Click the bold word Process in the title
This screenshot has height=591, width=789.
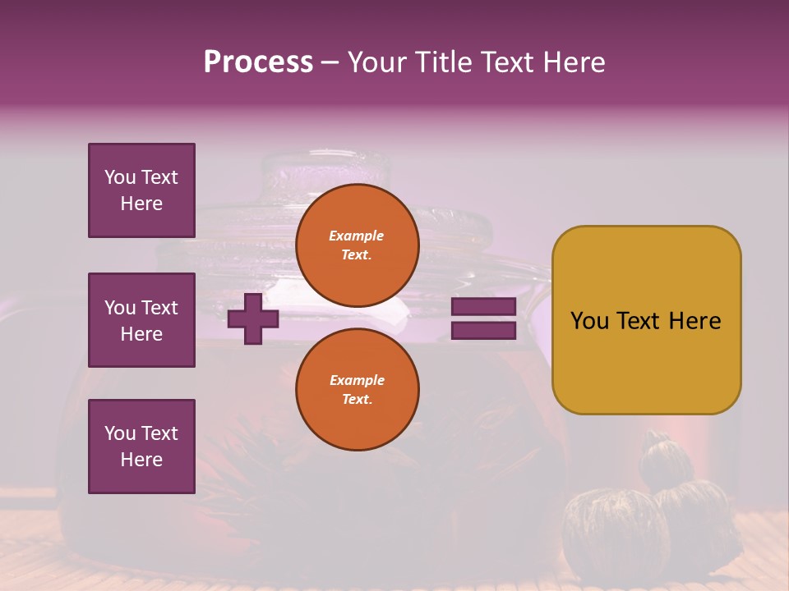click(x=258, y=62)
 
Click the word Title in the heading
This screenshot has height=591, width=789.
click(x=441, y=62)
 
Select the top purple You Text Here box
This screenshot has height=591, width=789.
click(x=141, y=190)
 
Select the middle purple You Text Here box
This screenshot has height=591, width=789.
click(x=141, y=320)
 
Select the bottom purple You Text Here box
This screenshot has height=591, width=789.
click(x=141, y=447)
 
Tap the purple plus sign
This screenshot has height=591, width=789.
click(x=253, y=318)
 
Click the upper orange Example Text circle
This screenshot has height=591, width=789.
click(x=357, y=245)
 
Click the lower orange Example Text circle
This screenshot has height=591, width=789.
click(x=357, y=389)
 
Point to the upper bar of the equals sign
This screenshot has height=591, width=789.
click(x=483, y=307)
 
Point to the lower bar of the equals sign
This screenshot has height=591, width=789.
click(x=483, y=331)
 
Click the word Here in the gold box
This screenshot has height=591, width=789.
click(x=694, y=321)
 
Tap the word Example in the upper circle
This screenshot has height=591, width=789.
click(x=357, y=236)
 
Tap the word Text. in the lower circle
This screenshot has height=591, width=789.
click(x=357, y=399)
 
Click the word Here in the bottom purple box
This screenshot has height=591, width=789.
click(x=141, y=460)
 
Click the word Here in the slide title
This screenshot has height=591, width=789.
click(x=576, y=62)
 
